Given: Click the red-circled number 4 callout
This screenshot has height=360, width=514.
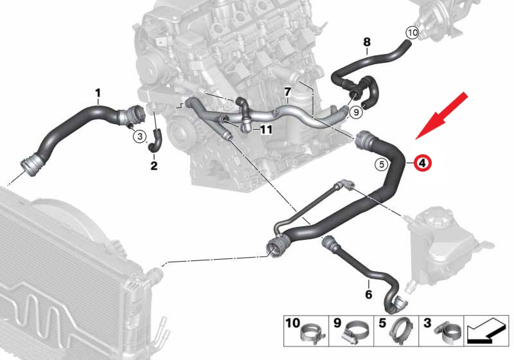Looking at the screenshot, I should (422, 163).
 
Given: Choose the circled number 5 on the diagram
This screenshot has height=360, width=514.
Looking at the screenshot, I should (380, 164).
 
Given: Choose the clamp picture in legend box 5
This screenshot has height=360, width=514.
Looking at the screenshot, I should (400, 329).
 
